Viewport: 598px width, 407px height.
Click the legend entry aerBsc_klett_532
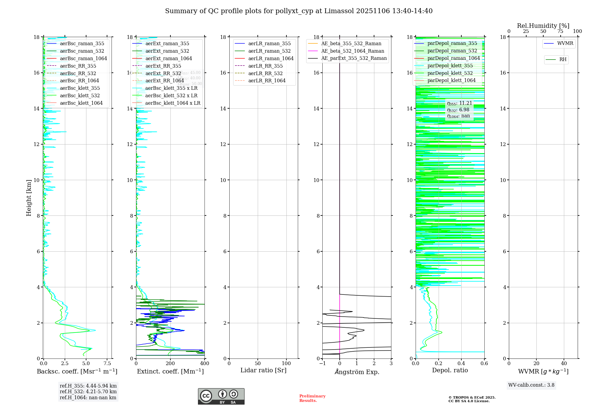(x=80, y=96)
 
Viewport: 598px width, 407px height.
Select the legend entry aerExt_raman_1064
(x=169, y=59)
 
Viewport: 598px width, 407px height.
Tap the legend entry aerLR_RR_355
(x=265, y=66)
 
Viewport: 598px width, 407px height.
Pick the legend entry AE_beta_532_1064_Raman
(x=353, y=51)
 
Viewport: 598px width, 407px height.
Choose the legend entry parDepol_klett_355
(x=450, y=66)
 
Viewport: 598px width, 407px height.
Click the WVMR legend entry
(x=565, y=44)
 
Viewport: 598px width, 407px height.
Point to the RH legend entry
(x=563, y=60)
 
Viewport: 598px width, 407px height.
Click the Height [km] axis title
(x=29, y=198)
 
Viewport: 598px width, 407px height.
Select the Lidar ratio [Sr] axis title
(x=263, y=370)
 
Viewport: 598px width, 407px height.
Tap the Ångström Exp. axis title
(x=357, y=372)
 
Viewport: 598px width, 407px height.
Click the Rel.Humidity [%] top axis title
(x=543, y=26)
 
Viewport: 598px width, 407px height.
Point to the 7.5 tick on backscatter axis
(x=107, y=364)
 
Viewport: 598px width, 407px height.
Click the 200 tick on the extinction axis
(x=170, y=364)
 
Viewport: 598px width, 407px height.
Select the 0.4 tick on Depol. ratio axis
(x=461, y=364)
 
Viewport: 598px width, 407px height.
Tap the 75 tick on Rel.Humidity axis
(x=560, y=31)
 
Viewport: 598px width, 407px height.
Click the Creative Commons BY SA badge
(x=221, y=397)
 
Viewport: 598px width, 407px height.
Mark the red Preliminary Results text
(x=312, y=398)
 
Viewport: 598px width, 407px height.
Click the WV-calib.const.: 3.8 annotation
(x=531, y=385)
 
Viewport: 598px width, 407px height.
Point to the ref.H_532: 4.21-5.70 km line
(x=88, y=392)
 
